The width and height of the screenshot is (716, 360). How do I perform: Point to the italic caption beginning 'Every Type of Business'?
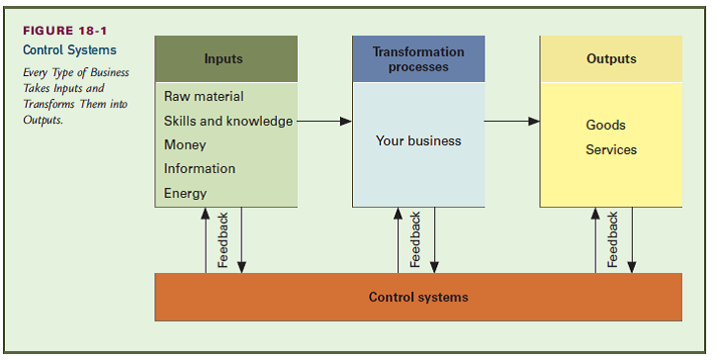click(76, 96)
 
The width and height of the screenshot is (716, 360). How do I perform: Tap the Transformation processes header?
click(418, 59)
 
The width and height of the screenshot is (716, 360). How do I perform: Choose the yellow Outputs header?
click(611, 59)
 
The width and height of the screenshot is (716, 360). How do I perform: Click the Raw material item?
click(204, 97)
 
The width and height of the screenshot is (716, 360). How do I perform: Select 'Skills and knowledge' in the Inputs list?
click(228, 122)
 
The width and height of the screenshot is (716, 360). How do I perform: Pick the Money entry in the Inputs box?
click(185, 145)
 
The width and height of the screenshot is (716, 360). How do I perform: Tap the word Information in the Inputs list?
click(200, 169)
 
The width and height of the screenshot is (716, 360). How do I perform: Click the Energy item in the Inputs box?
click(185, 194)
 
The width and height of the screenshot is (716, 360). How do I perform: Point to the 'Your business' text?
click(418, 141)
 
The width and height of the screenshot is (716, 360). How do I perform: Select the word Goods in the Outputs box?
click(605, 126)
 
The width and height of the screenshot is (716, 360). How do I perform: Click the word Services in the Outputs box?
click(611, 150)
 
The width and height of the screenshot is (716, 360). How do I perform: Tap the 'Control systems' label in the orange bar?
click(418, 297)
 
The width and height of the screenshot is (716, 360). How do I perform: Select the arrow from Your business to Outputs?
click(512, 122)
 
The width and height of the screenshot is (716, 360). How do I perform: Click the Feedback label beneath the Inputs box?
click(224, 240)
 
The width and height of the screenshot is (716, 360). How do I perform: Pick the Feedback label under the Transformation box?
click(416, 240)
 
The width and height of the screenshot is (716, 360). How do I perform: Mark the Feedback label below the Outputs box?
click(613, 240)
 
